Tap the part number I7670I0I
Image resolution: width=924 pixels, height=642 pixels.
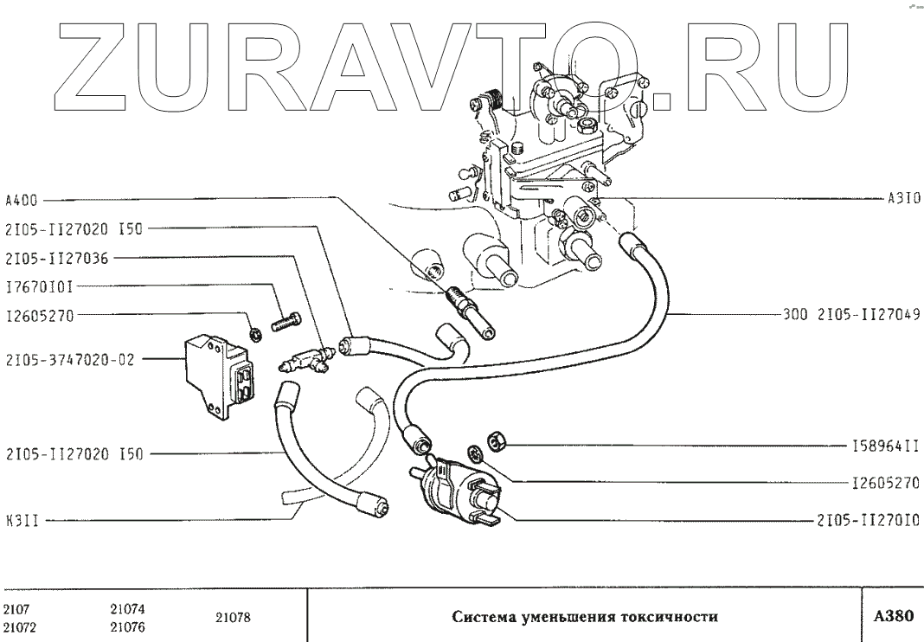point(40,286)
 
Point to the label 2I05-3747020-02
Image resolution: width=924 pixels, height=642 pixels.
point(70,360)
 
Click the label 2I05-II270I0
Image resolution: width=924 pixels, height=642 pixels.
point(866,521)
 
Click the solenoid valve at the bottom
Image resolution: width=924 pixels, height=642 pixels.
point(455,488)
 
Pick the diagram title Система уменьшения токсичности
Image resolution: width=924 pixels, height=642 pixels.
point(585,617)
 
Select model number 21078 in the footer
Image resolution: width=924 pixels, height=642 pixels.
point(233,618)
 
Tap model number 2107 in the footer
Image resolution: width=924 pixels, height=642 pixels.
point(17,608)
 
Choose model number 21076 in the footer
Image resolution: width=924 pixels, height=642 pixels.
point(128,627)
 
